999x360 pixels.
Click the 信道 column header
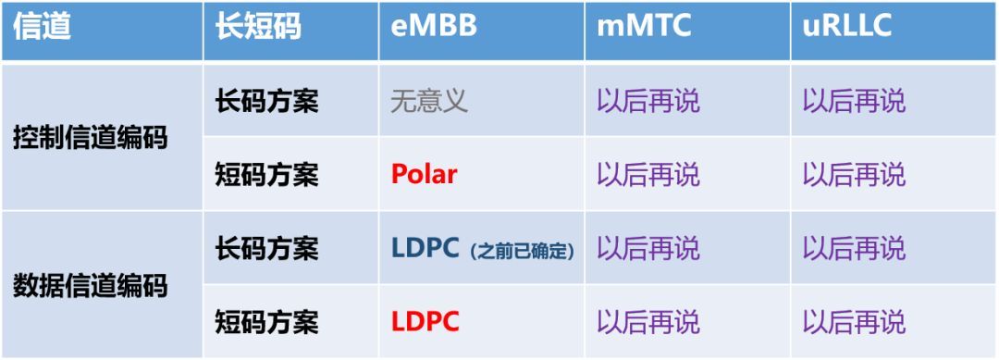(x=42, y=28)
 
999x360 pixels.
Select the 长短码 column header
(x=258, y=28)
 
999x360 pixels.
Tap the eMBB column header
(x=434, y=27)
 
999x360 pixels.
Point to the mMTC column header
(x=644, y=27)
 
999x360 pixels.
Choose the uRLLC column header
(x=846, y=27)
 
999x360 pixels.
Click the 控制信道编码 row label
(x=91, y=138)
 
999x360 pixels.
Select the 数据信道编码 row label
(x=91, y=285)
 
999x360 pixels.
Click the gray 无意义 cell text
(x=429, y=101)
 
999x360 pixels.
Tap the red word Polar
(x=424, y=174)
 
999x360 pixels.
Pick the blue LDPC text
(x=425, y=249)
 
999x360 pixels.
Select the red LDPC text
(x=425, y=322)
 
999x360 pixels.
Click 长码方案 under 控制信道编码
(x=266, y=101)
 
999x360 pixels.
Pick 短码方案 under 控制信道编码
(x=266, y=174)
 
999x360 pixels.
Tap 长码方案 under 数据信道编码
(x=266, y=249)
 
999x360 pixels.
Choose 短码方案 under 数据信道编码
(x=266, y=322)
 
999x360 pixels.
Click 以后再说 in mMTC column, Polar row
(x=647, y=174)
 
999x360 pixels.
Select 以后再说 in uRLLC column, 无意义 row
(x=854, y=101)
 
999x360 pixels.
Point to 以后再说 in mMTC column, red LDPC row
(x=647, y=322)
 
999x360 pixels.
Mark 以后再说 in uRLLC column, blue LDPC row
(x=854, y=249)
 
